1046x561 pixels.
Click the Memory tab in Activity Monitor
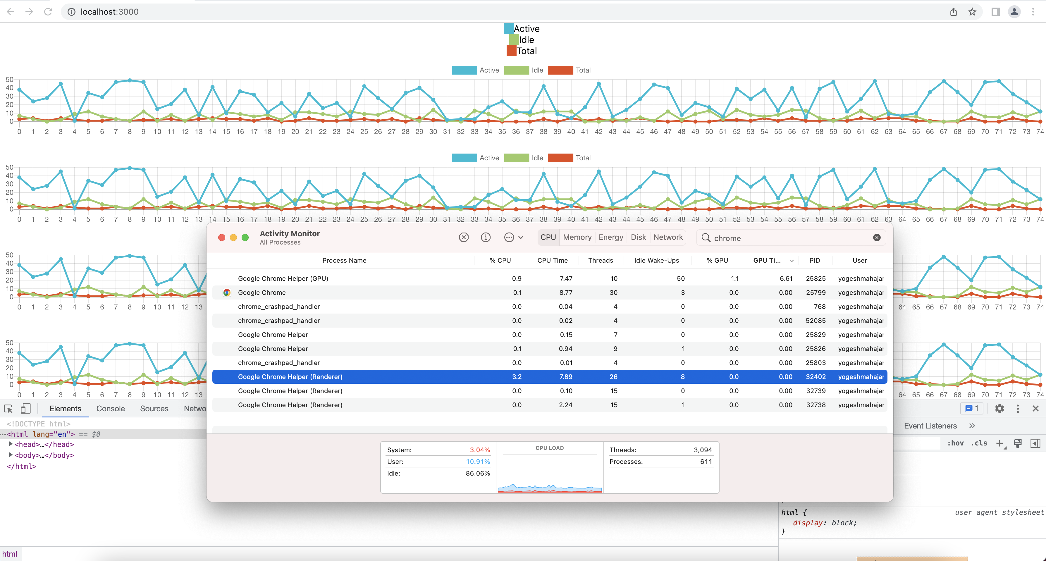click(577, 238)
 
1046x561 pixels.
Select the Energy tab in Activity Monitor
click(611, 238)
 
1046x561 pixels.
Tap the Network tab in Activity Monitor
click(668, 238)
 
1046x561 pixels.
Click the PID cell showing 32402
click(816, 377)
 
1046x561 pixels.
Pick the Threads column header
click(600, 261)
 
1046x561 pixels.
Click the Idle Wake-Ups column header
click(656, 261)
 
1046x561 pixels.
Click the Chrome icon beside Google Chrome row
click(227, 293)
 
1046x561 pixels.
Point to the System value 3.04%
click(479, 450)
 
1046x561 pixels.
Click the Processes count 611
click(706, 462)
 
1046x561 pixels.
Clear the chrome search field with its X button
click(877, 238)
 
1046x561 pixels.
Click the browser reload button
click(48, 12)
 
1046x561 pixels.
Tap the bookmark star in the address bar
click(972, 12)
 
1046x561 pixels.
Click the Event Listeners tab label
click(930, 426)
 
